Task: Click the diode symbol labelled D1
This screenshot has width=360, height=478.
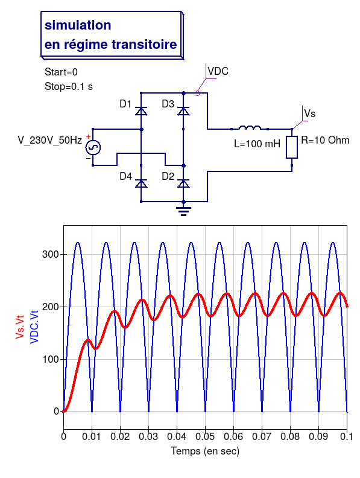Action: click(141, 111)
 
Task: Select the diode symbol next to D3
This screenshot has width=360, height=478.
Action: click(183, 111)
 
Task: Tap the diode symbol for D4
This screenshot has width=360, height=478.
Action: click(141, 183)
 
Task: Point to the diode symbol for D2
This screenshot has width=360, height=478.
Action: click(183, 183)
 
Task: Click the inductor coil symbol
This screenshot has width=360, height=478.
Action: click(250, 127)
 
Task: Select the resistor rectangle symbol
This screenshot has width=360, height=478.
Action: click(292, 147)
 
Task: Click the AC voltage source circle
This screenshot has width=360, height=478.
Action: click(93, 147)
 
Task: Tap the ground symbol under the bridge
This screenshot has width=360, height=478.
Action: click(183, 212)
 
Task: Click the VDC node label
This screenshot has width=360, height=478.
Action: click(218, 71)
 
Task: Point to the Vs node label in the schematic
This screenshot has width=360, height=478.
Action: click(310, 113)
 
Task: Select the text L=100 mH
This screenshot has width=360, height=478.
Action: click(257, 144)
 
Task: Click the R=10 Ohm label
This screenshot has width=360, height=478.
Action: click(325, 140)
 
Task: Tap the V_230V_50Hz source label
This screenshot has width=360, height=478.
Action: click(50, 140)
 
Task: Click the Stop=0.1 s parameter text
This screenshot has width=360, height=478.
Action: click(69, 86)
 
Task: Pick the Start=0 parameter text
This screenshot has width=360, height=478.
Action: click(62, 72)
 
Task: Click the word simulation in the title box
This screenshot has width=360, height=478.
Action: click(78, 25)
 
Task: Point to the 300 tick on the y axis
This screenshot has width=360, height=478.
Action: click(50, 254)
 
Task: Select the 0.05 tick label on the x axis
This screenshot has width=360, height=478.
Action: click(205, 436)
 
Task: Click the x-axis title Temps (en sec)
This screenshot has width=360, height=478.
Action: click(205, 451)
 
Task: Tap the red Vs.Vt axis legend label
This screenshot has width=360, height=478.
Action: click(20, 327)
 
